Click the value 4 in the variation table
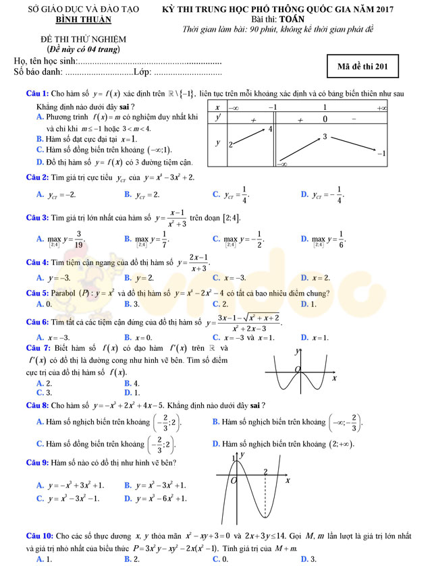(x=271, y=128)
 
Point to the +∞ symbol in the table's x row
(x=381, y=108)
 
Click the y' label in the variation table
(x=218, y=118)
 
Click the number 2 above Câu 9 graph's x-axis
(x=265, y=472)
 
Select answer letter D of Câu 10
(x=304, y=559)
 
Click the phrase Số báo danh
(x=37, y=72)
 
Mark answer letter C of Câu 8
(x=40, y=444)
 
